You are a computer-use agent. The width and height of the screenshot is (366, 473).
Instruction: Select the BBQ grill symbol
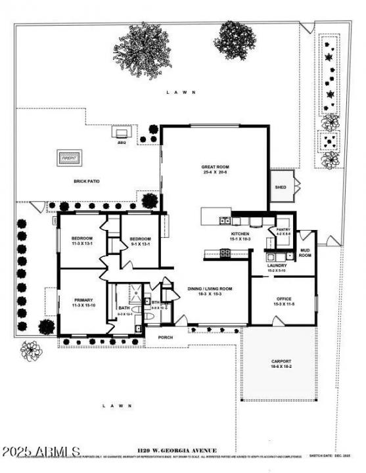[x=122, y=133]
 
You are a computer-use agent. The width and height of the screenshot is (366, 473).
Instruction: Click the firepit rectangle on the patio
[x=70, y=158]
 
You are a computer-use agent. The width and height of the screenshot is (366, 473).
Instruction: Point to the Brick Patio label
[x=86, y=181]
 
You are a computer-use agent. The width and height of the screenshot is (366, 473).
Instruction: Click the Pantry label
[x=283, y=231]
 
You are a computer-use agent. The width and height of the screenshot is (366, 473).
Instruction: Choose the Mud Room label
[x=305, y=252]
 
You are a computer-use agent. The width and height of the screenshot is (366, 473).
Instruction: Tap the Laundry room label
[x=277, y=267]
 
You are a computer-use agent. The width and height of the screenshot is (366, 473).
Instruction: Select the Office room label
[x=285, y=302]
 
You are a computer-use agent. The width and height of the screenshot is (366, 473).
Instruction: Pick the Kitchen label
[x=240, y=236]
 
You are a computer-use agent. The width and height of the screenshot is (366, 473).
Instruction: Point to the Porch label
[x=166, y=339]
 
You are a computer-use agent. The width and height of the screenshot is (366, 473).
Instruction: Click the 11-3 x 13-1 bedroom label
[x=82, y=240]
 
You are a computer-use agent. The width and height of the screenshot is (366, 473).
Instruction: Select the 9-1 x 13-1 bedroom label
[x=140, y=241]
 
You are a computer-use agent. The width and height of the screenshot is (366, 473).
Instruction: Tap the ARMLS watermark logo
[x=41, y=453]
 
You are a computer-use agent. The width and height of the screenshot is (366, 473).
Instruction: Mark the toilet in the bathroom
[x=149, y=316]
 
